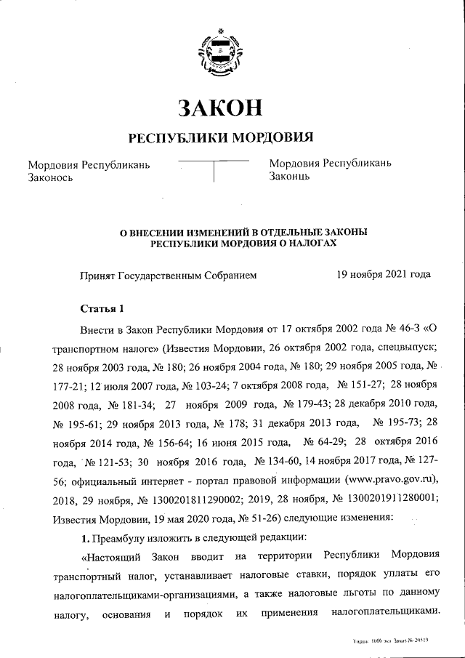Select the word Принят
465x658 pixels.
coord(97,275)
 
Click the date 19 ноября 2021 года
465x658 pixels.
coord(384,274)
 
